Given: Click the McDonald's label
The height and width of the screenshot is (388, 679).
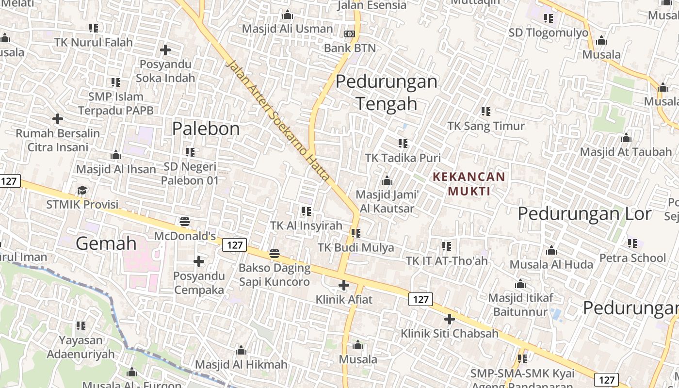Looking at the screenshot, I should click(x=185, y=236).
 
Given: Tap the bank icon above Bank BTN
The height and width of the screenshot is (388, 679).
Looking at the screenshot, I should click(x=350, y=34).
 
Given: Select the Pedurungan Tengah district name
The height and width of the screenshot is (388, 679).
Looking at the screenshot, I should click(x=387, y=92).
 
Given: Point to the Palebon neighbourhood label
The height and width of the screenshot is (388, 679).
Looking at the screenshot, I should click(x=206, y=129).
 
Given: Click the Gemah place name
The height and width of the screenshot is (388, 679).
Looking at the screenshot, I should click(x=106, y=243).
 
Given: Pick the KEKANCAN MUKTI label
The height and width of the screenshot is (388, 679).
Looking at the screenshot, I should click(x=469, y=184).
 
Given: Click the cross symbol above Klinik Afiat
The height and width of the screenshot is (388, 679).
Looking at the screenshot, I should click(x=344, y=285).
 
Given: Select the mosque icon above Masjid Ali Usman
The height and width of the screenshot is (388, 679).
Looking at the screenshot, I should click(x=288, y=15).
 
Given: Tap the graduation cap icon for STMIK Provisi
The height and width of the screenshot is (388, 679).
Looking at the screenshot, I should click(x=82, y=191).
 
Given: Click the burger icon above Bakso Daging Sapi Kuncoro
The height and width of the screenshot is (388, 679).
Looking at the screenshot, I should click(x=275, y=254).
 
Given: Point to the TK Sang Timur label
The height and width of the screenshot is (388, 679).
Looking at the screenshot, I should click(x=486, y=126).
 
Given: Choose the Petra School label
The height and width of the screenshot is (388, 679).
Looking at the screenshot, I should click(x=632, y=258).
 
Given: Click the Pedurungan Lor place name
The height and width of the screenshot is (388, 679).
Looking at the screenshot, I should click(x=584, y=214).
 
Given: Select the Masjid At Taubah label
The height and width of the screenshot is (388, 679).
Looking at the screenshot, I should click(x=626, y=152).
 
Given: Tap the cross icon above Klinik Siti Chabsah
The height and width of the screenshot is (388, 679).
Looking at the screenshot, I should click(x=450, y=319).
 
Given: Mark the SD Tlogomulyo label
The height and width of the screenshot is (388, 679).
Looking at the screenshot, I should click(x=549, y=33).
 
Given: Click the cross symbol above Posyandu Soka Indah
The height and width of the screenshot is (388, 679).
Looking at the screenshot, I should click(x=165, y=50).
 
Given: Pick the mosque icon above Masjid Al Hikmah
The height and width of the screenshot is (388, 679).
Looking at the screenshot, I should click(x=241, y=351).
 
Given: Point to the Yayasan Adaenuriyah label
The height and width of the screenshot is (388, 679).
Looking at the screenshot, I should click(x=81, y=347).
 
